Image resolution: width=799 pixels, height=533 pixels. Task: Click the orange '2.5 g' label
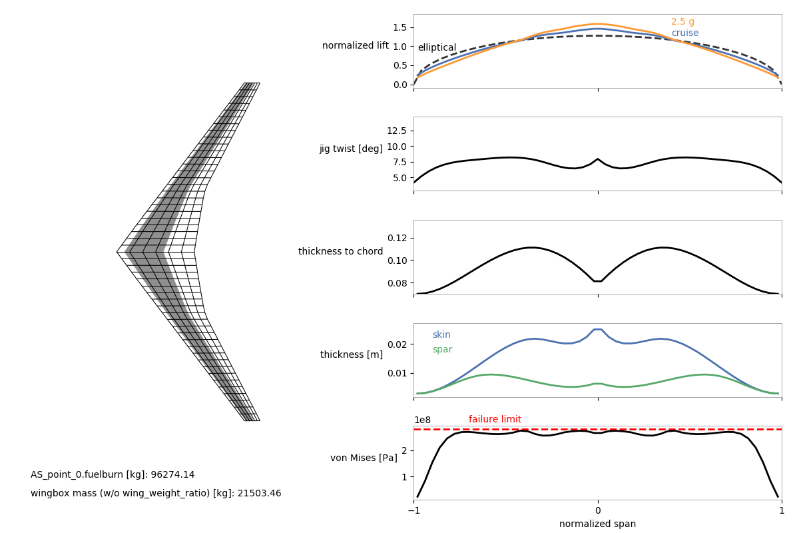pos(682,22)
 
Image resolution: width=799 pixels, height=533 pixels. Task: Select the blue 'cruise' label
pos(684,33)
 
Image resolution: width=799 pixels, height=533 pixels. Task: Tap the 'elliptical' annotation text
pos(437,48)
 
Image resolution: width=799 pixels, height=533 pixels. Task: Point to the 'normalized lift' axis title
pos(356,46)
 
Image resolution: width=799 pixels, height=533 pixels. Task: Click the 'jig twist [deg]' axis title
pos(351,149)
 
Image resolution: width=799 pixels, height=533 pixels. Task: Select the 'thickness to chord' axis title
pos(340,252)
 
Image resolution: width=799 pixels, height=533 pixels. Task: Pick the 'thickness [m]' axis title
pos(352,355)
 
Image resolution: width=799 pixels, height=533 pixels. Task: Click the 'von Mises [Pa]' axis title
pos(364,458)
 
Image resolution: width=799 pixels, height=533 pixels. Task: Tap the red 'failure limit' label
pos(495,420)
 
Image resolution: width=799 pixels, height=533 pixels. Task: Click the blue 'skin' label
pos(441,335)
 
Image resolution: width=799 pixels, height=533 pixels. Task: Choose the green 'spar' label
pos(442,350)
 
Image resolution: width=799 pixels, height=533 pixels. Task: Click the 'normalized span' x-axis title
pos(597,524)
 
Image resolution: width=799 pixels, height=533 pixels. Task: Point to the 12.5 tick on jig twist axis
pos(397,131)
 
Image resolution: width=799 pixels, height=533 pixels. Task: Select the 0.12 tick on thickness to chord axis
pos(397,238)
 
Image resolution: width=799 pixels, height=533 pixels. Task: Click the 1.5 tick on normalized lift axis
pos(400,27)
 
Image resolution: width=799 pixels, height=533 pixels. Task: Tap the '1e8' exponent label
pos(422,420)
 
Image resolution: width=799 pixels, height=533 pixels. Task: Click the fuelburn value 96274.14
pos(170,475)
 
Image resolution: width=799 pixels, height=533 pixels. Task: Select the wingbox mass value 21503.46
pos(256,494)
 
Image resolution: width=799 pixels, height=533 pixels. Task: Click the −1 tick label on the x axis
pos(413,511)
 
